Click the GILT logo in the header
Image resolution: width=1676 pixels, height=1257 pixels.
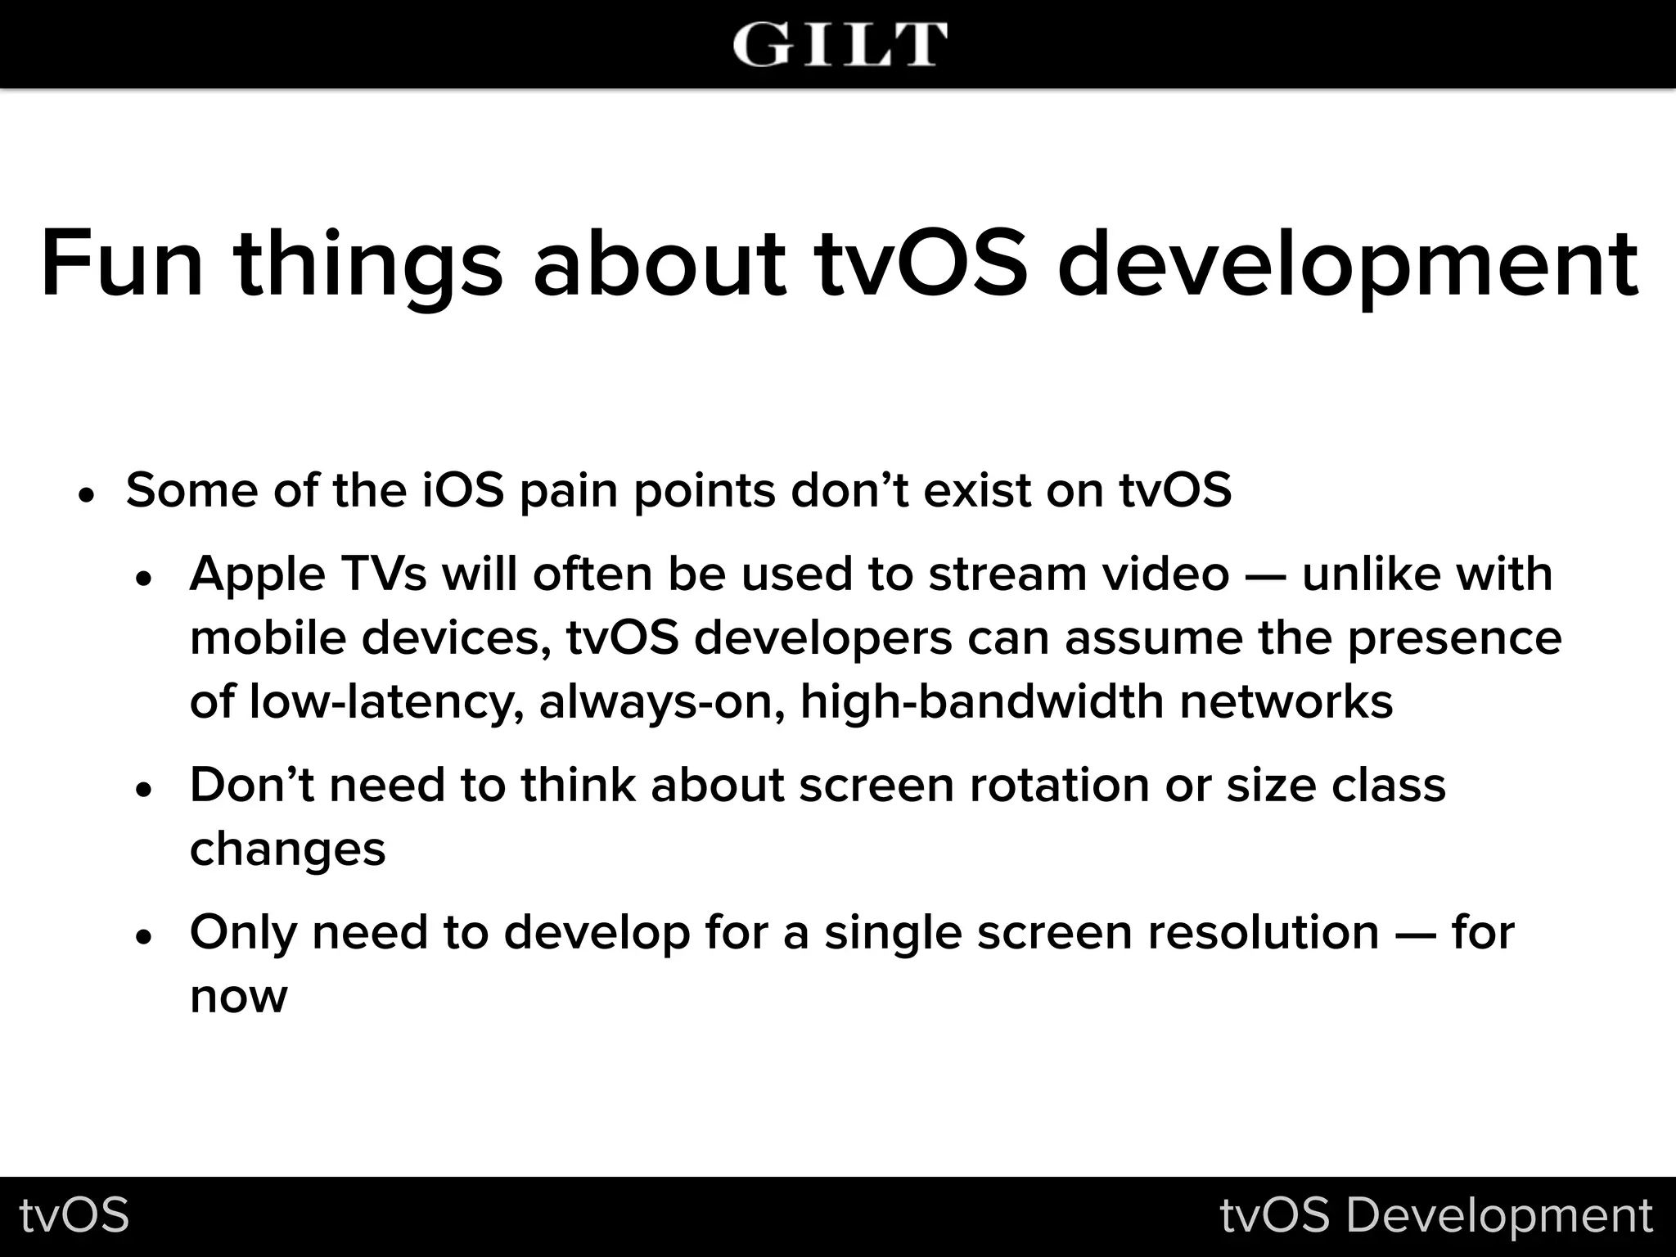point(839,44)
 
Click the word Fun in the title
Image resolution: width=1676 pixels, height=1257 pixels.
point(121,264)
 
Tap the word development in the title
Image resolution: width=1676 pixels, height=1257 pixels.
point(1348,264)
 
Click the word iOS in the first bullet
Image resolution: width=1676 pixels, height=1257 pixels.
point(463,490)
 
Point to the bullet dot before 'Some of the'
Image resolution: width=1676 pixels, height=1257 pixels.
point(87,496)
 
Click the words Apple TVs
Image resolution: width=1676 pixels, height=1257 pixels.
point(308,574)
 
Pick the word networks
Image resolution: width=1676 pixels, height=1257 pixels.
point(1286,701)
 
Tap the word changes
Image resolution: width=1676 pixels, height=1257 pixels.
point(287,849)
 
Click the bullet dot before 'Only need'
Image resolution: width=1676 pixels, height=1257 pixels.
point(144,938)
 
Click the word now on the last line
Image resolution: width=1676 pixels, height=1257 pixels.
point(238,997)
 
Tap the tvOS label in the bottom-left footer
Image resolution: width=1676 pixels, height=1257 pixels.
point(74,1215)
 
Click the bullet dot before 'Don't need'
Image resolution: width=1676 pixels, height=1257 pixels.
point(144,791)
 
